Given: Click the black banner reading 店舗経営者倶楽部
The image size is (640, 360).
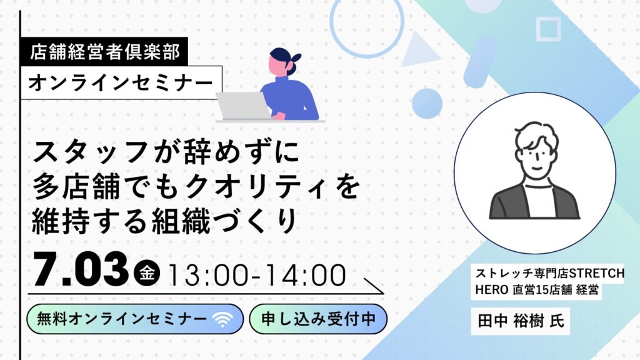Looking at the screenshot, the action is click(x=104, y=51).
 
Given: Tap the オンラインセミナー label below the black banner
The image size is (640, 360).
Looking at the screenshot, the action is click(x=121, y=82).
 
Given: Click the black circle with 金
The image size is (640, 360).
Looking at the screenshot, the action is click(x=147, y=272).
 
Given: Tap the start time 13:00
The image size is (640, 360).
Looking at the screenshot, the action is click(x=207, y=275).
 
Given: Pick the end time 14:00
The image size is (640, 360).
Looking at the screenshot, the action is click(x=306, y=275).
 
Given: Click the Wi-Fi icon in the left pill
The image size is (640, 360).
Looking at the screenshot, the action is click(x=222, y=319).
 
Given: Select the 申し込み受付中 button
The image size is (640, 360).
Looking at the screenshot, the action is click(x=318, y=319).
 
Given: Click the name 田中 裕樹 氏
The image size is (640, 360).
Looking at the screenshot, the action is click(x=521, y=321).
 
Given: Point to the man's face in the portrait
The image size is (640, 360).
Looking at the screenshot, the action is click(x=536, y=157).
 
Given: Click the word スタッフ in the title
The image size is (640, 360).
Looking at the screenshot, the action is click(x=90, y=152).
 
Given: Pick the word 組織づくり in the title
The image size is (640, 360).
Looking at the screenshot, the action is click(x=224, y=222).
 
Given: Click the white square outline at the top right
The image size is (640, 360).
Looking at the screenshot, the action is click(x=548, y=29).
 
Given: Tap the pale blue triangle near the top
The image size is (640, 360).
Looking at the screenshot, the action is click(x=417, y=51).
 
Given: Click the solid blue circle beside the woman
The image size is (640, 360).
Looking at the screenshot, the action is click(x=427, y=104).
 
